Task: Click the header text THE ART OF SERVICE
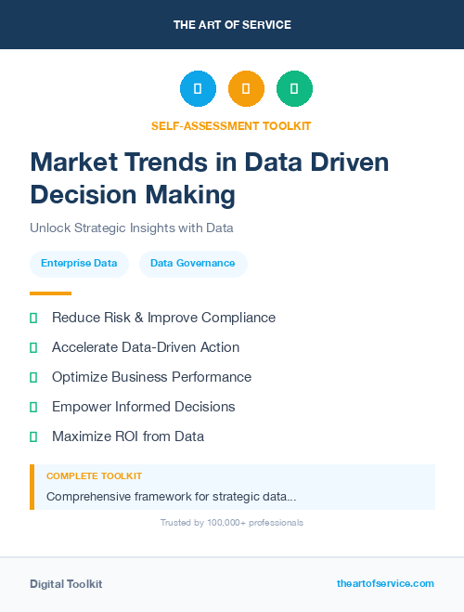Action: (x=232, y=25)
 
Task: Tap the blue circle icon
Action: (x=198, y=89)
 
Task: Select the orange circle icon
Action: (x=246, y=89)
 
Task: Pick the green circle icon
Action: (x=294, y=89)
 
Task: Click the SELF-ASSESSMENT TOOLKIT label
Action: (x=231, y=125)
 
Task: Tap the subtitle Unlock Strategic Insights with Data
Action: (x=131, y=228)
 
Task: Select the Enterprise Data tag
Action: (x=79, y=264)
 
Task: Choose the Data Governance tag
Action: (x=193, y=264)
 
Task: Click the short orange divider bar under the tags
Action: (x=50, y=293)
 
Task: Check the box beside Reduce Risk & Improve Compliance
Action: (x=33, y=318)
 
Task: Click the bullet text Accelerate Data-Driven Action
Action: (x=146, y=347)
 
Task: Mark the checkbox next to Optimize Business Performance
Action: (x=33, y=377)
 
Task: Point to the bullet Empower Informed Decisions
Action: (x=143, y=407)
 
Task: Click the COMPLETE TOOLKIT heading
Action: (x=94, y=476)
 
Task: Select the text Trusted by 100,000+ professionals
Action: (x=232, y=523)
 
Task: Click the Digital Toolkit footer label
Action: (x=66, y=584)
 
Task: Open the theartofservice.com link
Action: (x=385, y=583)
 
